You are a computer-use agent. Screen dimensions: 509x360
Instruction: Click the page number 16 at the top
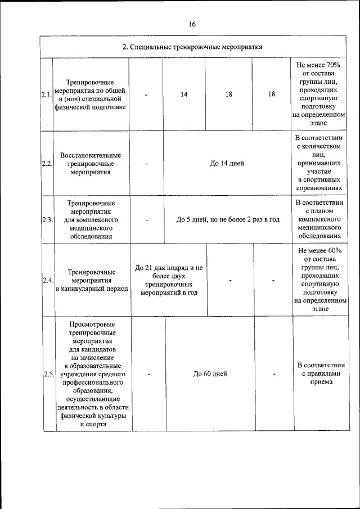[192, 24]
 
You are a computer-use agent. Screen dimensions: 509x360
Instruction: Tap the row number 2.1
[46, 94]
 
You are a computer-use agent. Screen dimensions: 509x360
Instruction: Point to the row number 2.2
[46, 164]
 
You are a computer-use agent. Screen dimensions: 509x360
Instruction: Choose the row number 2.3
[46, 219]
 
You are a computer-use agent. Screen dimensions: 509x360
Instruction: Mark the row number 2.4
[46, 280]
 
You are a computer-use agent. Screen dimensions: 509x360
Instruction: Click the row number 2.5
[48, 374]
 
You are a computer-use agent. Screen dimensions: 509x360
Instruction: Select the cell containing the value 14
[184, 94]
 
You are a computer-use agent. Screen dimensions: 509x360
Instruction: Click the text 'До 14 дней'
[227, 164]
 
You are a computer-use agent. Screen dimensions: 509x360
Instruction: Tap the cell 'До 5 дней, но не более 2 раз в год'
[228, 219]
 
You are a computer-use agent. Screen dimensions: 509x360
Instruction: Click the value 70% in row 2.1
[330, 65]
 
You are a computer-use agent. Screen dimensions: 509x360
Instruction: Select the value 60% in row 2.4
[330, 250]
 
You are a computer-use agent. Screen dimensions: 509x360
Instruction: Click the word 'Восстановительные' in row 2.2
[91, 155]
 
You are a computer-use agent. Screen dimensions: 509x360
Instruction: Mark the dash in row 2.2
[146, 164]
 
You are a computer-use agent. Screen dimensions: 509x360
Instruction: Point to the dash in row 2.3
[146, 219]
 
